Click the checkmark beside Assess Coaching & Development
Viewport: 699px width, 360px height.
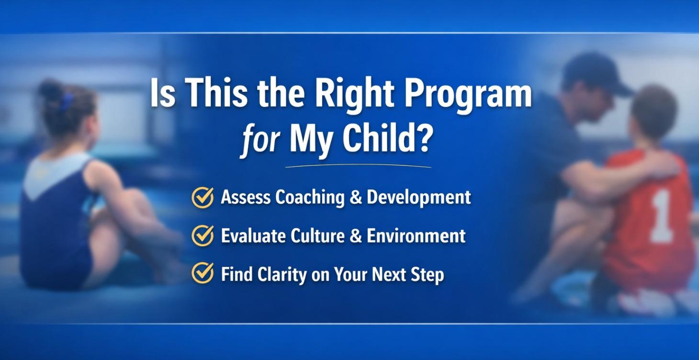point(203,197)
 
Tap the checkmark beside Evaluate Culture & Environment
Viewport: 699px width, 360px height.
point(203,235)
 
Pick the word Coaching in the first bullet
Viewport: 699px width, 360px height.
point(311,198)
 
